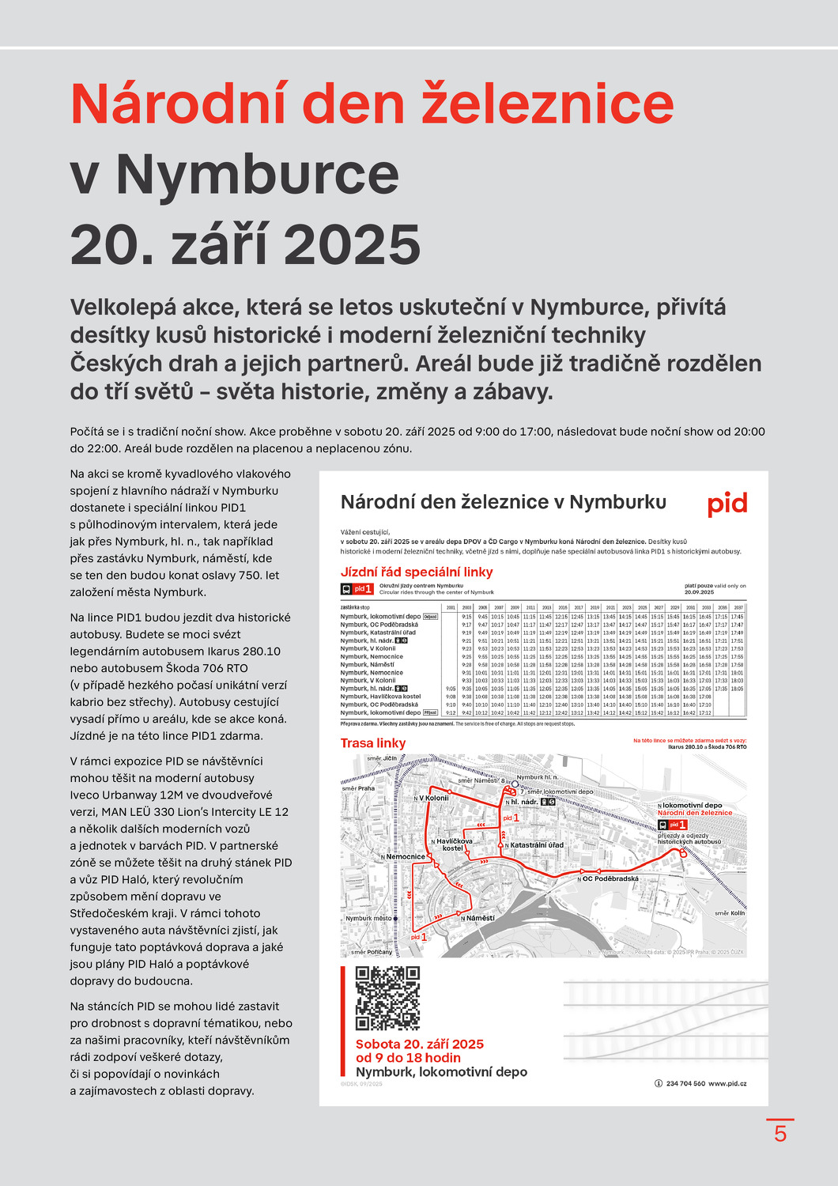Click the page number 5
[780, 1134]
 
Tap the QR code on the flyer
[387, 998]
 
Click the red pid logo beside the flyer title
[727, 504]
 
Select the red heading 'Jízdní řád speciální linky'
[417, 572]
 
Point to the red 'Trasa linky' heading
[373, 743]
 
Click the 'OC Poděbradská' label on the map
[610, 878]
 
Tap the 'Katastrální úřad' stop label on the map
[535, 845]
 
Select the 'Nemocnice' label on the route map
[405, 856]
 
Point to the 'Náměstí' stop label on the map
[479, 918]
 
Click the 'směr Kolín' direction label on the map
[729, 913]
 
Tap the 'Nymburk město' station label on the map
[368, 919]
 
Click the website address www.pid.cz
[727, 1083]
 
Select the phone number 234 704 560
[685, 1083]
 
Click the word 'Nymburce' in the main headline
[257, 175]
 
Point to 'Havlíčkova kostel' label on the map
[454, 844]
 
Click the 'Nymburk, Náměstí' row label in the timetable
[367, 665]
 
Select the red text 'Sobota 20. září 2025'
[419, 1044]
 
